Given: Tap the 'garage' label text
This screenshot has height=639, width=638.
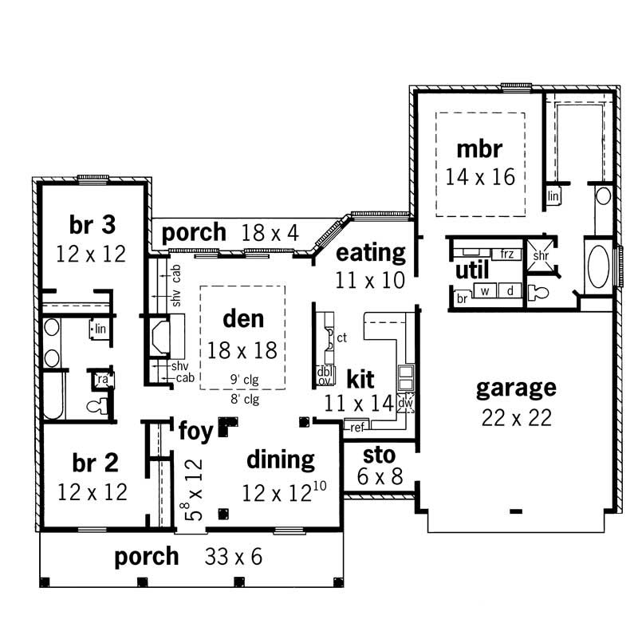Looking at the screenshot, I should [x=516, y=389].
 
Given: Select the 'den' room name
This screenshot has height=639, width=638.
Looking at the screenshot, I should [x=242, y=319].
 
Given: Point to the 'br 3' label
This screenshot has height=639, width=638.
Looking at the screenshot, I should [x=92, y=226].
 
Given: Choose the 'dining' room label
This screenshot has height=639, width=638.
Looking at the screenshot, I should [x=280, y=460].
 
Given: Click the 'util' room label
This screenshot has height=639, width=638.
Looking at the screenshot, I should [x=472, y=270].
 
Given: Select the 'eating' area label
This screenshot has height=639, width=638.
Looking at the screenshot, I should [x=371, y=254].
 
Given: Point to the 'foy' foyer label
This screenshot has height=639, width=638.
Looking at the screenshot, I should [x=195, y=432].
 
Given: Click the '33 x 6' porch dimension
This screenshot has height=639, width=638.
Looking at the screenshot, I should [x=234, y=557].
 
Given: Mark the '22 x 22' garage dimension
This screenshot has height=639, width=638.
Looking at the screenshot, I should [x=516, y=417].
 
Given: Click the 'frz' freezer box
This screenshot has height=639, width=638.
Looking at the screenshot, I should [x=507, y=254].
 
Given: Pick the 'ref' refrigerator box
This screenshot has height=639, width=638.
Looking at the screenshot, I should [x=356, y=428].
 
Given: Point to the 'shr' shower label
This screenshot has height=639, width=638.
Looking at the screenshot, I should [x=541, y=256].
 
